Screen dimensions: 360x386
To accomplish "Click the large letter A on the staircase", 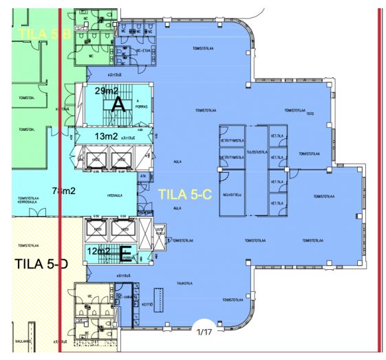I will [118, 104].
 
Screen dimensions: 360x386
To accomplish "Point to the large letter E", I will [125, 255].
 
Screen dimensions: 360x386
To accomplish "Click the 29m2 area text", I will [107, 91].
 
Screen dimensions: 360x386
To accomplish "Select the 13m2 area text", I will [106, 137].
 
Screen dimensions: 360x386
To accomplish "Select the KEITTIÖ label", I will [146, 304].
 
